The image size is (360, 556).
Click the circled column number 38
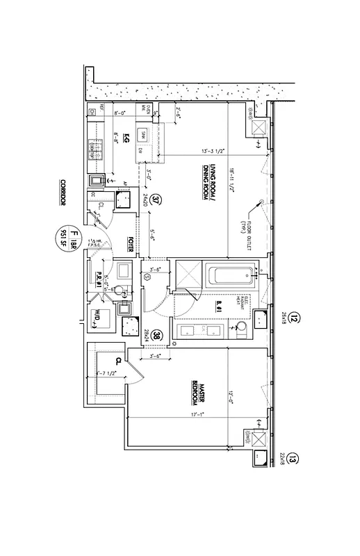pyautogui.click(x=157, y=335)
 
